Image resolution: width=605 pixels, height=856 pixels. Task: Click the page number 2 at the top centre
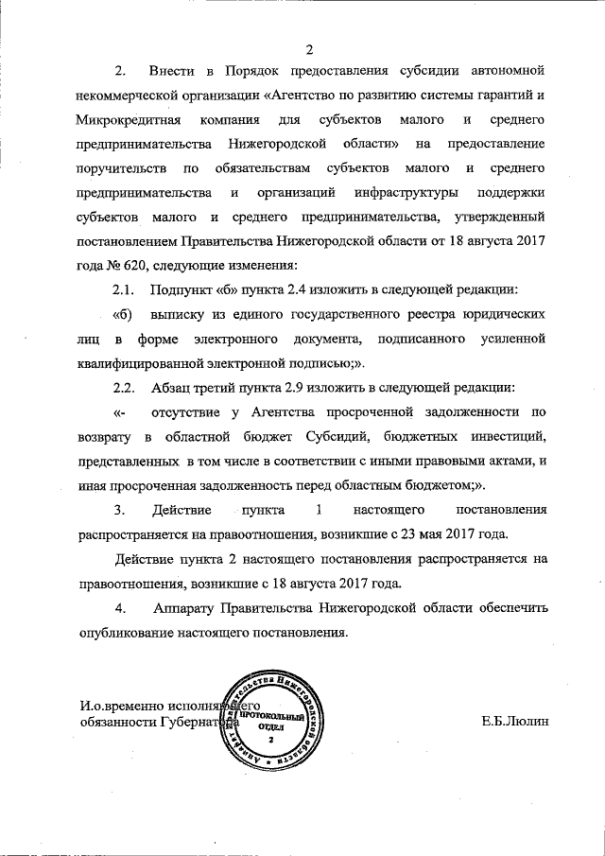308,49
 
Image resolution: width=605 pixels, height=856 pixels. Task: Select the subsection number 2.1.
125,289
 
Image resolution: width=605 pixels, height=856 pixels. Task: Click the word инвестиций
502,437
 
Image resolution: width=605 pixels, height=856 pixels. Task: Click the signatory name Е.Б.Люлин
514,723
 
